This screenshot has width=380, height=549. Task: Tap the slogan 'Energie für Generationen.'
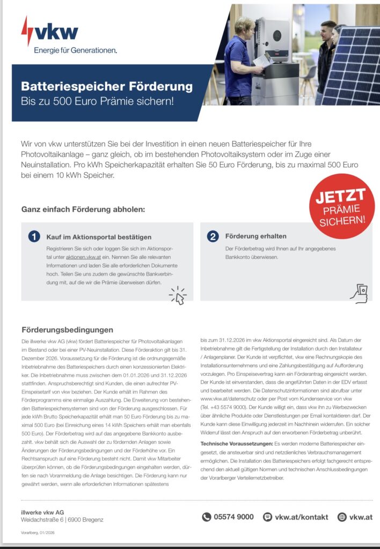click(75, 50)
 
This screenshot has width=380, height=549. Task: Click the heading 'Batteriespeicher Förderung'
click(106, 86)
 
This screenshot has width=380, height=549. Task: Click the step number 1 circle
click(33, 236)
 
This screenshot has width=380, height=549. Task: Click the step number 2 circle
click(213, 236)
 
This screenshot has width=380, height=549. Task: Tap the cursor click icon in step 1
click(178, 295)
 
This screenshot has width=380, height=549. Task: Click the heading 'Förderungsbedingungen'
click(67, 330)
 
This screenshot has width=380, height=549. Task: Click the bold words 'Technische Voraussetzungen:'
click(236, 444)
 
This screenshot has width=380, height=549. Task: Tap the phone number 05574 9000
click(234, 517)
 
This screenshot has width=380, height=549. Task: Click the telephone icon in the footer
click(207, 517)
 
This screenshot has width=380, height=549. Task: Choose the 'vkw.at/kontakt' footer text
click(301, 517)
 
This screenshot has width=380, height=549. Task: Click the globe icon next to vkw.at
click(342, 517)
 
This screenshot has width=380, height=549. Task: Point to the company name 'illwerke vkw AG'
click(43, 512)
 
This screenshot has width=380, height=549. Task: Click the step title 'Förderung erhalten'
click(255, 236)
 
